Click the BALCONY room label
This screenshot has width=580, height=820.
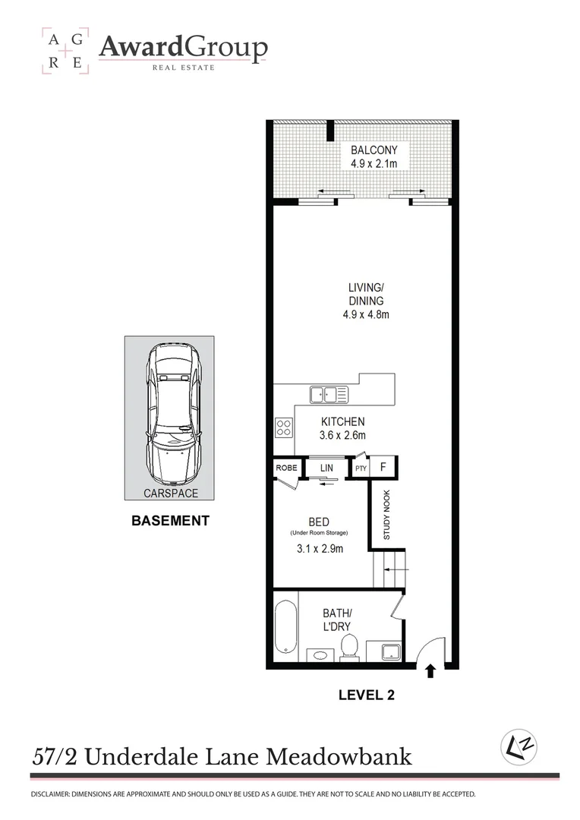(369, 150)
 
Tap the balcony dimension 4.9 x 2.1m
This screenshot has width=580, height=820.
(369, 163)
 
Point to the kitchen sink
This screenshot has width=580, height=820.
(328, 394)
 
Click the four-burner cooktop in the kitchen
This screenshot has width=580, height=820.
(284, 427)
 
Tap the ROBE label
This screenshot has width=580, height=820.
(286, 468)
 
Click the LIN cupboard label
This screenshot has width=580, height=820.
(326, 468)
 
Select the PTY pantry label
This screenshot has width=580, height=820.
(361, 468)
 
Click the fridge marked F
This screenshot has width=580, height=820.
(383, 466)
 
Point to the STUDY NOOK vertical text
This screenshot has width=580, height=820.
(386, 514)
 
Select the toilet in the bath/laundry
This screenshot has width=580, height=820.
(350, 647)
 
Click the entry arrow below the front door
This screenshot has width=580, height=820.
(430, 670)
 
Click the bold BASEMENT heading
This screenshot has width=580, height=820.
(169, 521)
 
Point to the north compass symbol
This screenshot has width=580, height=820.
(519, 747)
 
